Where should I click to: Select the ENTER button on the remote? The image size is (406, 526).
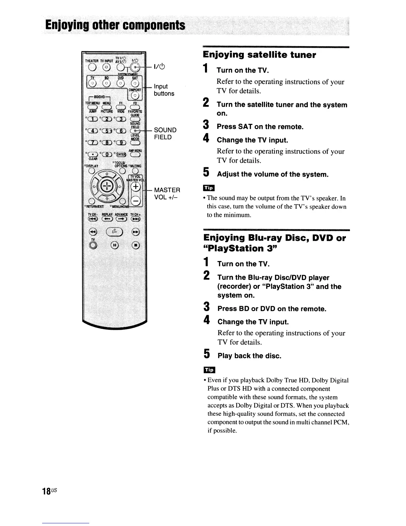(x=121, y=154)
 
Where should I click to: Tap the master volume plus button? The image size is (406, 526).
(x=135, y=187)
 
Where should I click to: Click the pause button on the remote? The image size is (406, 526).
(x=114, y=245)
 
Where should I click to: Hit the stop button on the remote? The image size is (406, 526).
(x=136, y=245)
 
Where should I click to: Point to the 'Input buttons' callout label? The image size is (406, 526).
(x=164, y=90)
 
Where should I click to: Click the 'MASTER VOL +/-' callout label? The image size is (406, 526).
(x=167, y=193)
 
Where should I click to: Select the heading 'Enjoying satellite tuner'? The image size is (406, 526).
(x=259, y=55)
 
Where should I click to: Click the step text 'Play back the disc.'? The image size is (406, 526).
(x=249, y=356)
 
